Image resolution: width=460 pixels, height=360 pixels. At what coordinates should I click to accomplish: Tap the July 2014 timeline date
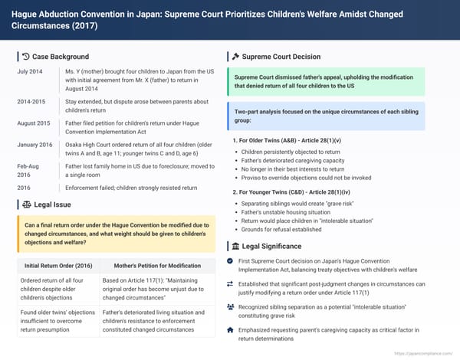tap(31, 71)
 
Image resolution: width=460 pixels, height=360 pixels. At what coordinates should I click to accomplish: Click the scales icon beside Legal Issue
tap(27, 205)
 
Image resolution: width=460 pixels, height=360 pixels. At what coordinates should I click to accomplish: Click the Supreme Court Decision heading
tap(281, 57)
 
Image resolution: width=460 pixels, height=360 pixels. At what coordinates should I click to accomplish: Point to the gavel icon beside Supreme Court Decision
tap(235, 57)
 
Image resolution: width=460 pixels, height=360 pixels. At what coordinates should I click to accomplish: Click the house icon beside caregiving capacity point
tap(232, 329)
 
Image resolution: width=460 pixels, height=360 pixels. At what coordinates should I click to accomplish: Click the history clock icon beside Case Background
tap(27, 57)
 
